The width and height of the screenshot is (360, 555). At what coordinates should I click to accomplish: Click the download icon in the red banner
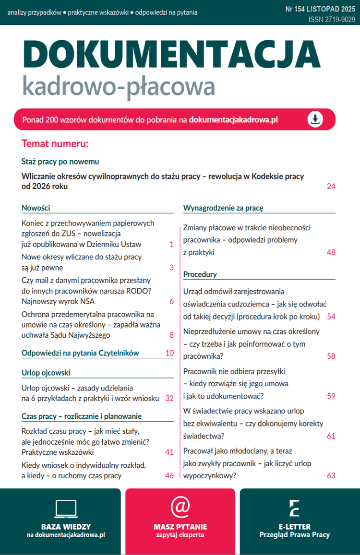coord(315,119)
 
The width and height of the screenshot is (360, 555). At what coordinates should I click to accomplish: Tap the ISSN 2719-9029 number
coord(332,19)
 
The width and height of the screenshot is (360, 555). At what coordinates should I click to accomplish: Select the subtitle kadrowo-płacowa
coord(119,86)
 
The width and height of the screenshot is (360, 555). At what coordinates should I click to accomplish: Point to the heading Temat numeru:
coord(55,144)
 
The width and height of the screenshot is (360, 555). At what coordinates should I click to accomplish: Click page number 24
coord(331,186)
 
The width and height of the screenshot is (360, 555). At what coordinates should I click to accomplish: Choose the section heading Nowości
coord(36,208)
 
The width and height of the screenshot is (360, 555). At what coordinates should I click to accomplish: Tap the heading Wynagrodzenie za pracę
coord(223,208)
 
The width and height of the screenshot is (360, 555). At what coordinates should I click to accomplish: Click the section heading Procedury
coord(200,274)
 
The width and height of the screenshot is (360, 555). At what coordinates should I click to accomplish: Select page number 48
coord(331,252)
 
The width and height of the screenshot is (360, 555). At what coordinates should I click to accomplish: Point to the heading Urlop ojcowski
coord(46,372)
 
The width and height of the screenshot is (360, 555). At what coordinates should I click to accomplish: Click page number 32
coord(169,398)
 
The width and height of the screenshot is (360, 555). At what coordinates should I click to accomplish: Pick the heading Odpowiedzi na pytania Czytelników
coord(80,353)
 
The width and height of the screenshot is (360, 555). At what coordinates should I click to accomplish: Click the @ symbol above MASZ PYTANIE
coord(180,507)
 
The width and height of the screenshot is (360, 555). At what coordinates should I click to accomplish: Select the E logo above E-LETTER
coord(294,508)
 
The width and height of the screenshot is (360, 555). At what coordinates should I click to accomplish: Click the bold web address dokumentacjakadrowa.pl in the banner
coord(233,120)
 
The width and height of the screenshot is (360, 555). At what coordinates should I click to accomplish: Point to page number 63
coord(331,476)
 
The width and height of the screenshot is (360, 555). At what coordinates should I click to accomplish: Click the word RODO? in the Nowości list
coord(140,291)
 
